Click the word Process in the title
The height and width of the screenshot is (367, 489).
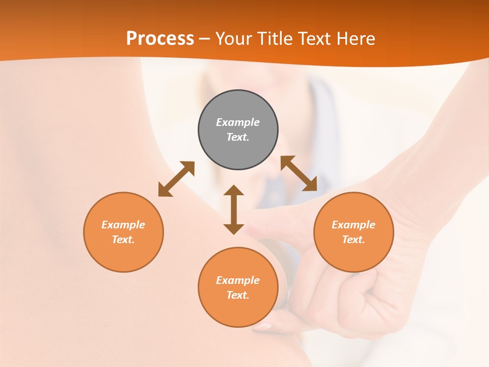pos(160,39)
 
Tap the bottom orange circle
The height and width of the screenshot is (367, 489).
pos(238,311)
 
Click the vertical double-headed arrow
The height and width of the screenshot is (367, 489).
pos(234,209)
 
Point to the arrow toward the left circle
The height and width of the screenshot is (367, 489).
pos(176,179)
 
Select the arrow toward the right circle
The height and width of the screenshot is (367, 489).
pos(299,173)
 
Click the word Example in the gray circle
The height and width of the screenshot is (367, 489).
pos(238,122)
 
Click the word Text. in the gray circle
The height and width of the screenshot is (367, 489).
pos(238,137)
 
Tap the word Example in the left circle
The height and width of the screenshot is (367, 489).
pos(123,225)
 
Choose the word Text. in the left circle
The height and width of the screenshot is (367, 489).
pos(123,240)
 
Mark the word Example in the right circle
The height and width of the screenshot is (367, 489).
pos(354,225)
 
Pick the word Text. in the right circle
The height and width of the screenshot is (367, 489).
pos(354,240)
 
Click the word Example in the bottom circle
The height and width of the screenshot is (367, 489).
pos(238,280)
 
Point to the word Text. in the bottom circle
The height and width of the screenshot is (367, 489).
pos(238,295)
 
